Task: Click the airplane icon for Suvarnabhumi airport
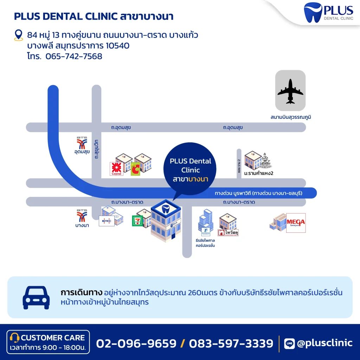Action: coord(290,91)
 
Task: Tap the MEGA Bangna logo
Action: coord(296,223)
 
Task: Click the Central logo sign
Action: coord(116,169)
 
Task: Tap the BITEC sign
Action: coord(106,221)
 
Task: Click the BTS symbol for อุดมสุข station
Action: coord(82,143)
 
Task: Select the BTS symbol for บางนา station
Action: coord(82,216)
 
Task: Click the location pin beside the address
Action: coord(18,35)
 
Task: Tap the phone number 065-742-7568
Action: coord(74,56)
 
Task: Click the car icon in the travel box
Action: coord(36,297)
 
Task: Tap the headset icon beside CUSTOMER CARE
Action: coord(14,338)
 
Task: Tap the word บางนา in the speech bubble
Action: coord(198,179)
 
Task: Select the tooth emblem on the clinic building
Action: coord(166,208)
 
